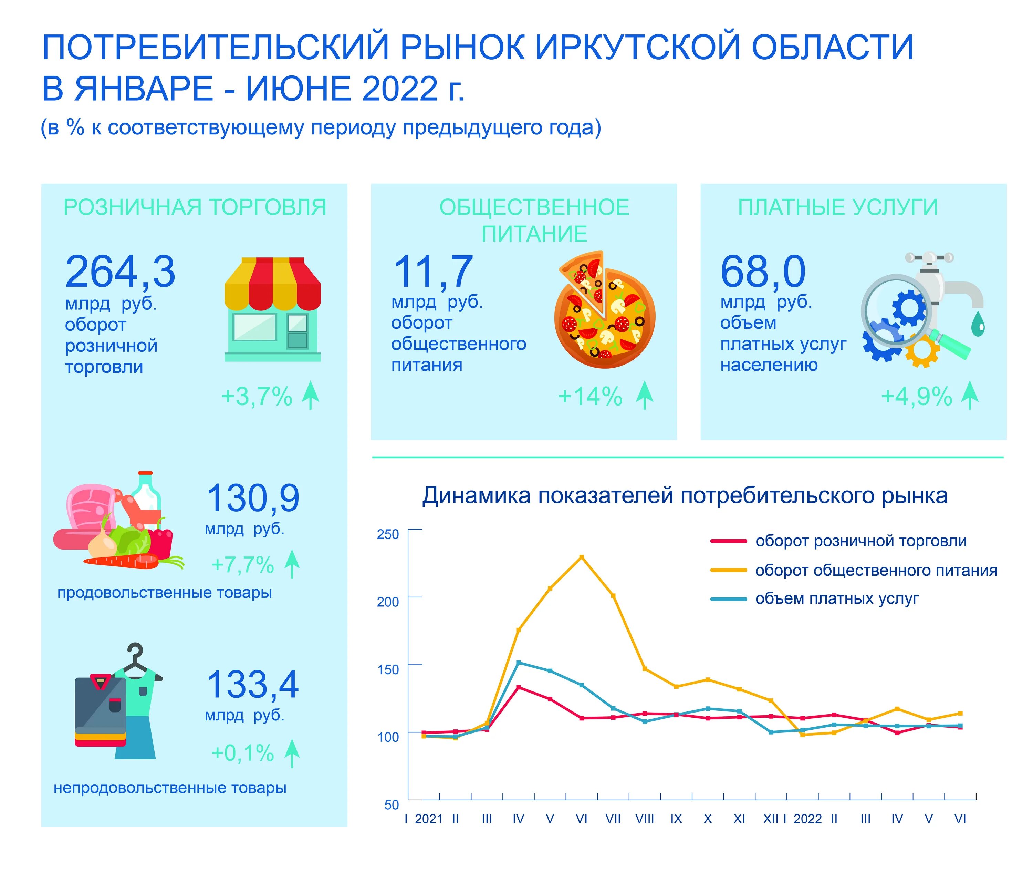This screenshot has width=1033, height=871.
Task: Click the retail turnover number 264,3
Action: [x=120, y=272]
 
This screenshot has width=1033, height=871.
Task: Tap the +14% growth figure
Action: [x=590, y=397]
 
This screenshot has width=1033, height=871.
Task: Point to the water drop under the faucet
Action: [x=977, y=324]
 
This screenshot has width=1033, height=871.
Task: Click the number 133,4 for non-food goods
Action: [x=252, y=685]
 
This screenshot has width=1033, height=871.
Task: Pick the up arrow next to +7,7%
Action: [x=292, y=564]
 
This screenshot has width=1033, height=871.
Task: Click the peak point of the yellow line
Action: [x=581, y=557]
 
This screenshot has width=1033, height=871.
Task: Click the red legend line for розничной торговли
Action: [x=728, y=541]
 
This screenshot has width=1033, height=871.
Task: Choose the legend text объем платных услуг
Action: [x=837, y=599]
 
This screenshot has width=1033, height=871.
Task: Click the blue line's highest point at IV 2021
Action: [x=518, y=663]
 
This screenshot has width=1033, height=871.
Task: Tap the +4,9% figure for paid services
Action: [x=916, y=397]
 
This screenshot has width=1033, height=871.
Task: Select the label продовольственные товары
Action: [x=164, y=593]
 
